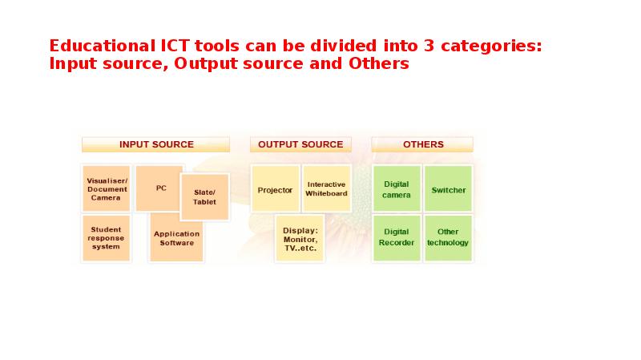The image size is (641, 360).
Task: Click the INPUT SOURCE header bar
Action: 156,144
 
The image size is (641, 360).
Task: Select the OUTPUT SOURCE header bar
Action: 300,144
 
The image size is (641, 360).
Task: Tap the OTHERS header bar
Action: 422,144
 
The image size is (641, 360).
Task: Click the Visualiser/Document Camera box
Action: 106,189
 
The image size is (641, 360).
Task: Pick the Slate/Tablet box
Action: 205,197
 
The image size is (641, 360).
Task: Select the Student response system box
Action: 106,238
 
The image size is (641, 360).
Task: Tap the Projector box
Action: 275,190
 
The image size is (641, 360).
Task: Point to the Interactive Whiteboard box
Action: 326,189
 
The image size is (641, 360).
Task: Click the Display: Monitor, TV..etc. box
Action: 300,239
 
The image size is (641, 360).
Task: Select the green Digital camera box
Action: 397,189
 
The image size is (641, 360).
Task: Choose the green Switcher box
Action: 448,190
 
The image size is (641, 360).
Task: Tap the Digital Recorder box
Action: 397,237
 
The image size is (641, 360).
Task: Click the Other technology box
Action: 448,237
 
